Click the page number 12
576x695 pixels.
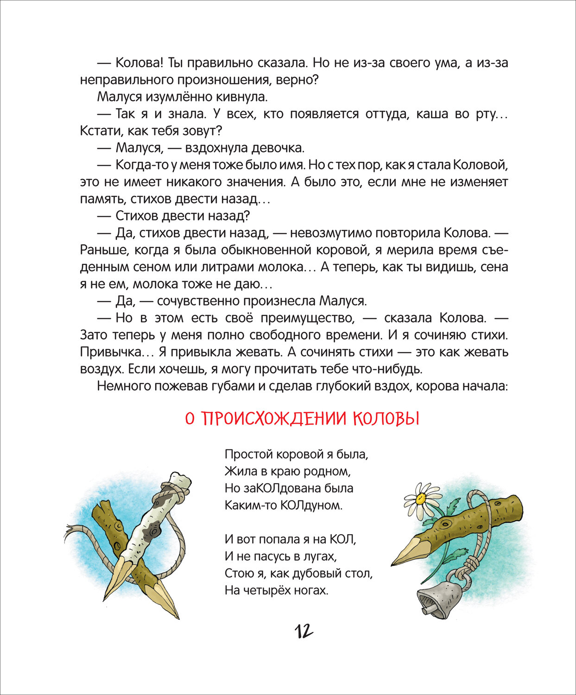click(x=304, y=631)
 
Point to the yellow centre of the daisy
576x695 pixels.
click(x=420, y=499)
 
